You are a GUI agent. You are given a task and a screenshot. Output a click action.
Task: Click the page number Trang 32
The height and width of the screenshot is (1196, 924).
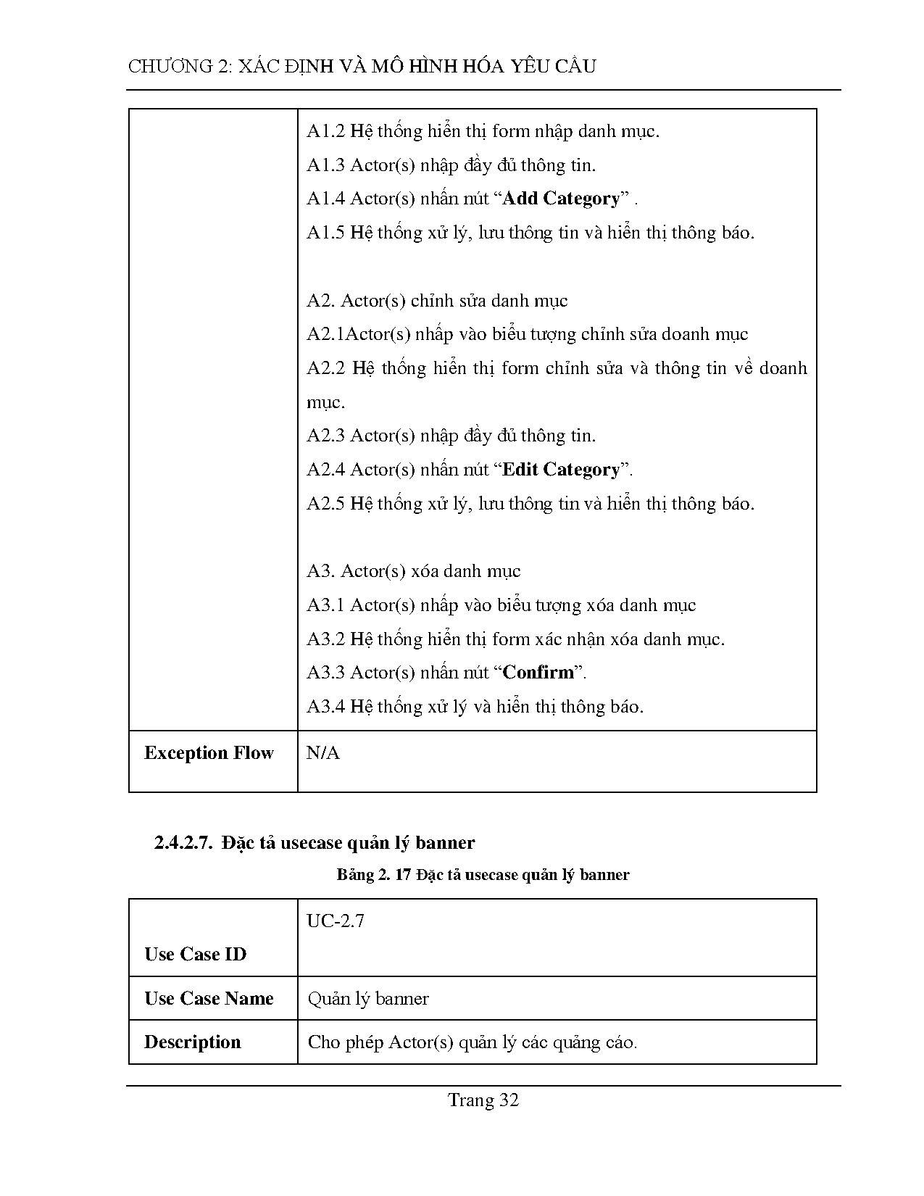click(483, 1100)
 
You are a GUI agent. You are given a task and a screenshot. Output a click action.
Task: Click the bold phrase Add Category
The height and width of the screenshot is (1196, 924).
click(561, 199)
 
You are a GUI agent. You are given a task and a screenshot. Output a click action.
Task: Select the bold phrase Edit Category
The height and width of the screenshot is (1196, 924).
click(561, 470)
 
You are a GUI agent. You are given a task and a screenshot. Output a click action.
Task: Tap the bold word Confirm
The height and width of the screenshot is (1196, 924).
click(538, 673)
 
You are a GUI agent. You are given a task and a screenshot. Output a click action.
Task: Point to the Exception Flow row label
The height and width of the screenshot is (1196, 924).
click(209, 753)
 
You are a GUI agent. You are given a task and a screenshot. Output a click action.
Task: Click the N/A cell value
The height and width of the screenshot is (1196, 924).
click(322, 753)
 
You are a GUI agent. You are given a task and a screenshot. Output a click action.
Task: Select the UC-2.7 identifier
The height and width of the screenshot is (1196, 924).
click(336, 921)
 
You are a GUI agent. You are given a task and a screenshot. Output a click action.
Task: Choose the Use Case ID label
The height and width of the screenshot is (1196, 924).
click(195, 954)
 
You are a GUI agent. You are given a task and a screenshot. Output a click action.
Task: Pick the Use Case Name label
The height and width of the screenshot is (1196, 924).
click(209, 999)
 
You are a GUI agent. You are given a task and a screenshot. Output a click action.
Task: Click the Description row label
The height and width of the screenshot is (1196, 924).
click(192, 1042)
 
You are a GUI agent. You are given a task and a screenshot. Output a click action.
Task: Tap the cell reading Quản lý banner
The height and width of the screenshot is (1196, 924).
click(368, 999)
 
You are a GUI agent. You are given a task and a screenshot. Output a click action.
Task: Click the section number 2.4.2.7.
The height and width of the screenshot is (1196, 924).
click(182, 843)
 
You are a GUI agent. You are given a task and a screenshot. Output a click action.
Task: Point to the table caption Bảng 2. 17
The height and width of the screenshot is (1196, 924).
click(374, 875)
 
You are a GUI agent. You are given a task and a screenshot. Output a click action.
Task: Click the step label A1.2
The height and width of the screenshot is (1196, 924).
click(325, 131)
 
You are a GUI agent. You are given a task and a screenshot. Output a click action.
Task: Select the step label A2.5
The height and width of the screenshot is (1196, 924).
click(325, 504)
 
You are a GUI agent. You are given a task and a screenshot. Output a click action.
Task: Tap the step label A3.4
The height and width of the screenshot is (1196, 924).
click(325, 707)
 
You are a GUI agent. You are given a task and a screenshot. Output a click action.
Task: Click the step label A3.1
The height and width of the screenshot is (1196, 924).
click(325, 605)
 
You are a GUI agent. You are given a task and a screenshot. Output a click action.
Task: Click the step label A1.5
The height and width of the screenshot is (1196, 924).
click(325, 233)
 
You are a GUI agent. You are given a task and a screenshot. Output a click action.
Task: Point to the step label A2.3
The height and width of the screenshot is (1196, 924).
click(325, 436)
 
